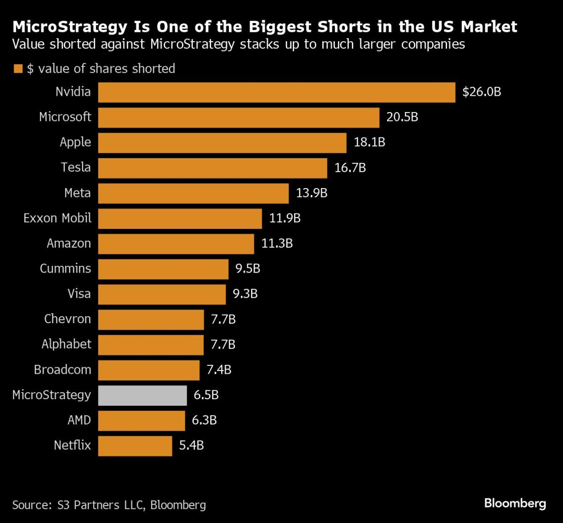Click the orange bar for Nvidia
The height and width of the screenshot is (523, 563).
(276, 92)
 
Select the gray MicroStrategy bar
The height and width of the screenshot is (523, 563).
(143, 395)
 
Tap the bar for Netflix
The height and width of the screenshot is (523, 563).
(135, 446)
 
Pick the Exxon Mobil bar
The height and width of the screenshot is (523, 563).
(180, 219)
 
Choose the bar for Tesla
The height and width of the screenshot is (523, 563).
(213, 168)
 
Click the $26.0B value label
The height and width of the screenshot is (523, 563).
(482, 92)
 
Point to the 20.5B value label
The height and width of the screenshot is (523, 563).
(402, 117)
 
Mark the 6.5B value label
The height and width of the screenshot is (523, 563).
(206, 395)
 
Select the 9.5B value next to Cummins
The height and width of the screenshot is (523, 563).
(248, 269)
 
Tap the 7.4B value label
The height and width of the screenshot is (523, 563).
(219, 370)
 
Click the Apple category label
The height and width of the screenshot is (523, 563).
(76, 142)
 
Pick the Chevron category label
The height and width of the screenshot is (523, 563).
(68, 319)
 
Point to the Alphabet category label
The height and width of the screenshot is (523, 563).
(66, 344)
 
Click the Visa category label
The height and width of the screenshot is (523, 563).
(79, 294)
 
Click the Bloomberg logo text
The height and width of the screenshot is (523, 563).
(515, 504)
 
